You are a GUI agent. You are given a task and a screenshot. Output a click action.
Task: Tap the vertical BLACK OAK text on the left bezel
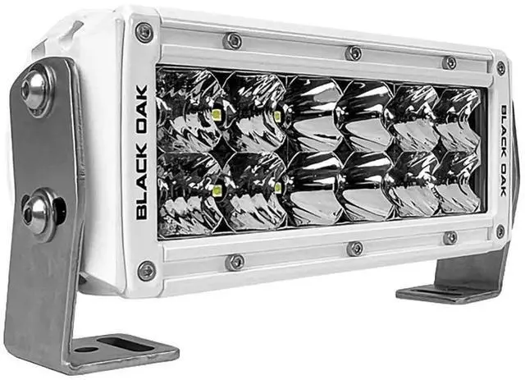[142, 153]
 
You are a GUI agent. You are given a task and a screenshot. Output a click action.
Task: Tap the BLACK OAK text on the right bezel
[504, 150]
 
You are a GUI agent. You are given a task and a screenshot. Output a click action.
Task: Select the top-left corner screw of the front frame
[144, 33]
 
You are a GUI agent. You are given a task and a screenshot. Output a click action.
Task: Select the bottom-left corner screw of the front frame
[147, 271]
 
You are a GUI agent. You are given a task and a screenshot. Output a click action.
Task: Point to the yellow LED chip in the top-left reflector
[217, 115]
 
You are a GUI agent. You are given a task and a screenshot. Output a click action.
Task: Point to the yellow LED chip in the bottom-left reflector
[217, 190]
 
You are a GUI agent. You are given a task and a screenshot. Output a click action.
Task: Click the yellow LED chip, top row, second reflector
[277, 117]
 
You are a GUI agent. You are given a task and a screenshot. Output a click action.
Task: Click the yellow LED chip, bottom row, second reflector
[278, 188]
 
